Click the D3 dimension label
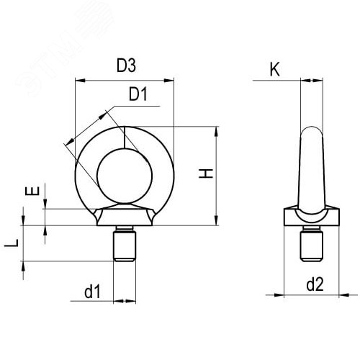pos(126,67)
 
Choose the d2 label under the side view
pos(315,285)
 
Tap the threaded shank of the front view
pos(125,245)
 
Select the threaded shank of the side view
pos(310,245)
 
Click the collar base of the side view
pos(310,218)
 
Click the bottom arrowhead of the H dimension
pos(215,221)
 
